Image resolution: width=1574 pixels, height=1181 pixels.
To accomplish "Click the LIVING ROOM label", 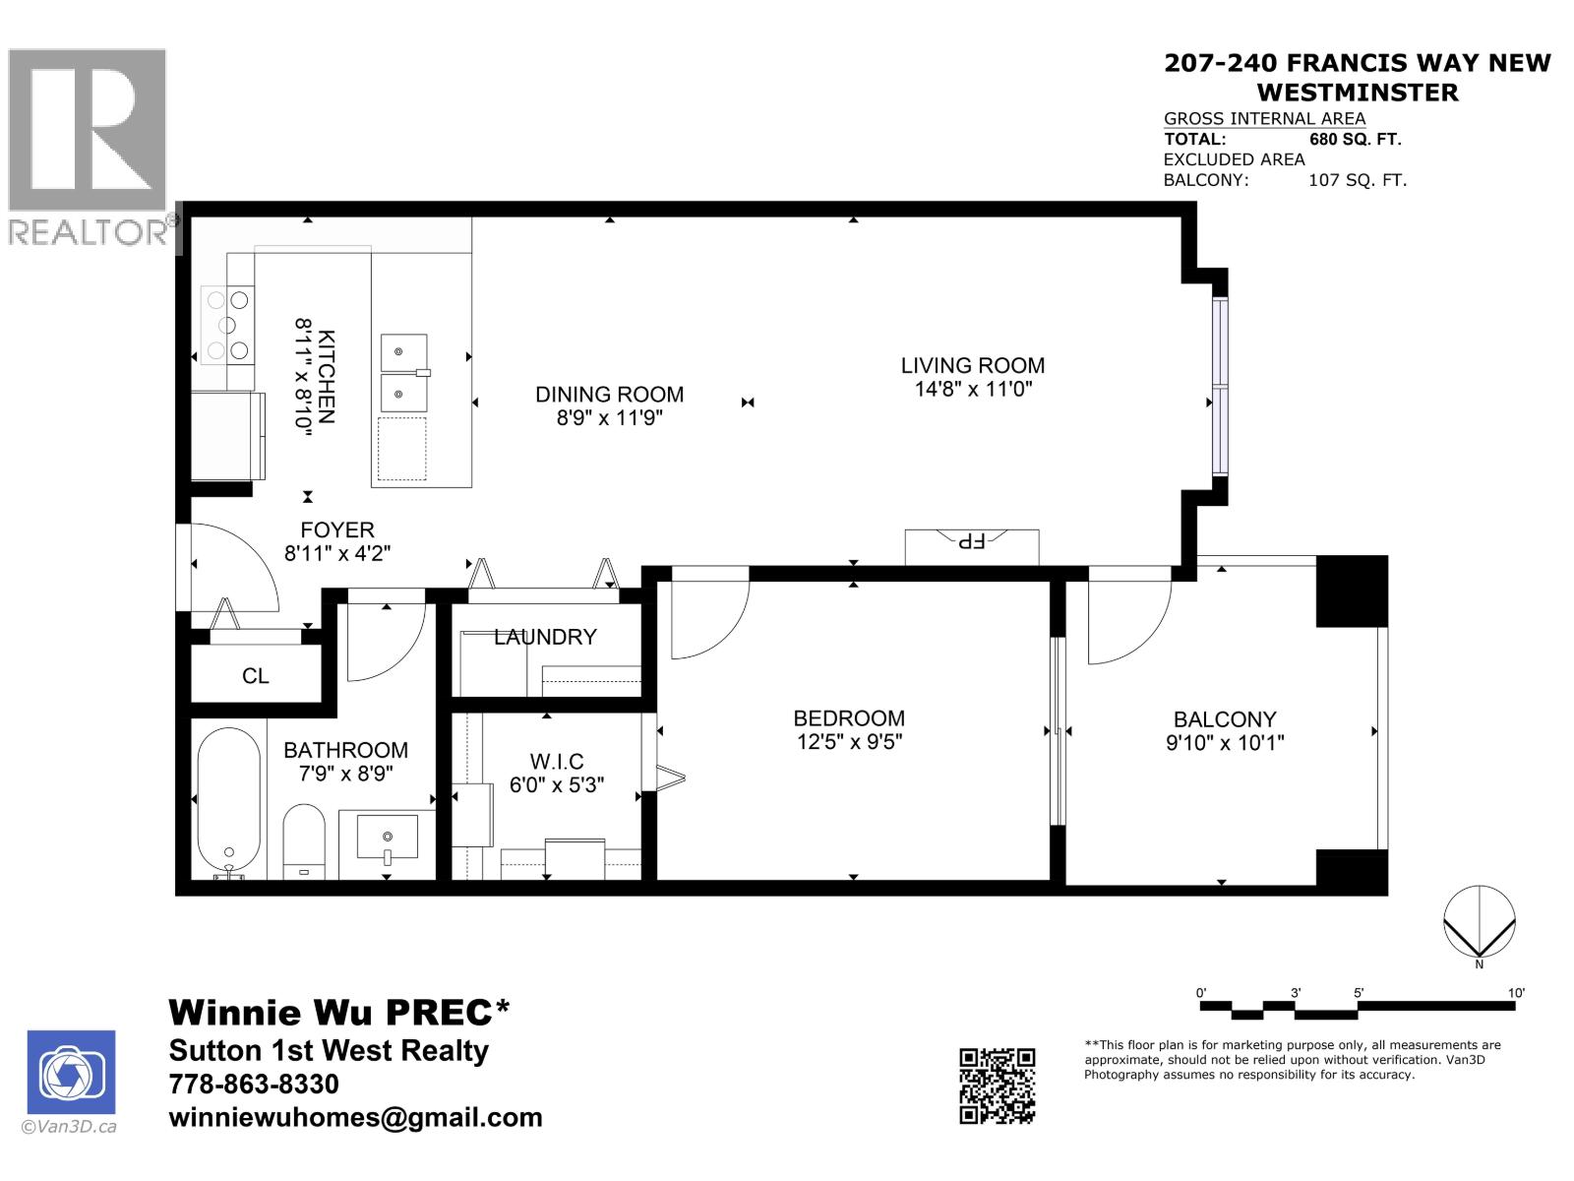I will [972, 365].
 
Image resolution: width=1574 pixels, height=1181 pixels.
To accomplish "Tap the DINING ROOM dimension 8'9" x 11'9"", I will [609, 417].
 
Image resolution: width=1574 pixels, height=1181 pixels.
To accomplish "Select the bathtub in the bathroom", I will [228, 799].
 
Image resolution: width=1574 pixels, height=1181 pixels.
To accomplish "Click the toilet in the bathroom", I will [304, 841].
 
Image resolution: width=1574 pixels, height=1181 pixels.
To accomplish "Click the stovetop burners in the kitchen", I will [227, 324].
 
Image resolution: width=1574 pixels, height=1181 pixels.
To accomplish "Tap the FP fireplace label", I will [971, 541].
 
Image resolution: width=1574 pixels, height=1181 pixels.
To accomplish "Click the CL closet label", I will [255, 676].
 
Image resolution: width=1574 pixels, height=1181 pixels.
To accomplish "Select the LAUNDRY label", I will [545, 637].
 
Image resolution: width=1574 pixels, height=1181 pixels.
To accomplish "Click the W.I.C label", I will [556, 761].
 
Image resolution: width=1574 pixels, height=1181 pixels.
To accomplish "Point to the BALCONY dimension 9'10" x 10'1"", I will [1224, 743].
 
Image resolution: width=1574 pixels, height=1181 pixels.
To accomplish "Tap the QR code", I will [997, 1086].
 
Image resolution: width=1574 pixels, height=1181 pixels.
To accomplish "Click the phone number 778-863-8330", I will [254, 1084].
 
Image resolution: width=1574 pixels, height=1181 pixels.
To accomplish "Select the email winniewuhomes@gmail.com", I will [355, 1117].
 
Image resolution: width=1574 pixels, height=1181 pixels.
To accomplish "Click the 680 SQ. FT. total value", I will [1355, 139].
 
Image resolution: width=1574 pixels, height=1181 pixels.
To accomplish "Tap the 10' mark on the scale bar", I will [1516, 993].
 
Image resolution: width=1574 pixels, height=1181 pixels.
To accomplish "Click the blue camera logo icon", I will [71, 1073].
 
